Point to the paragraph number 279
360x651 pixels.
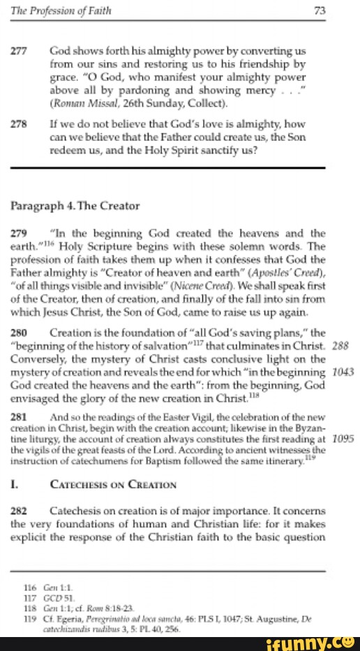pos(20,233)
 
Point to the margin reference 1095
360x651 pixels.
pos(342,438)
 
